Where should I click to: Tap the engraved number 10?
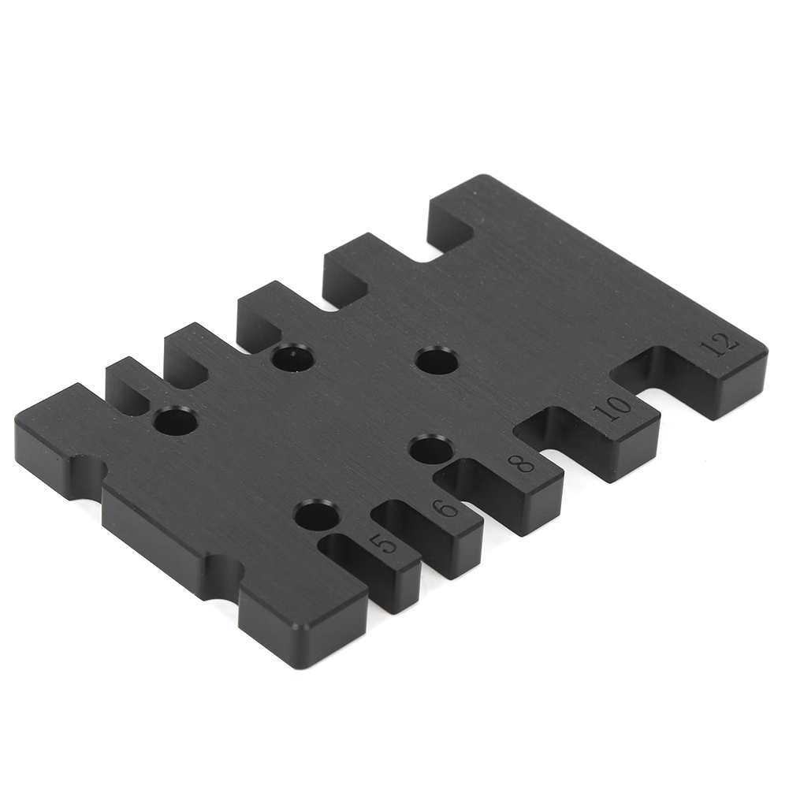[612, 408]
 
